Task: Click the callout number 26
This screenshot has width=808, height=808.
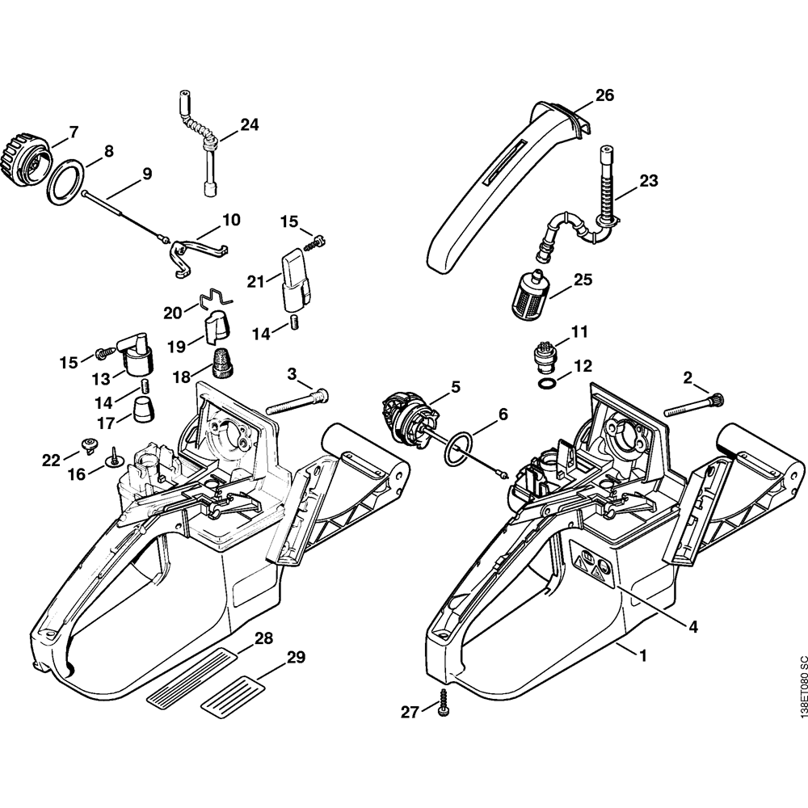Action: pyautogui.click(x=604, y=96)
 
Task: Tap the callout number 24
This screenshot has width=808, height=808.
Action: pyautogui.click(x=250, y=124)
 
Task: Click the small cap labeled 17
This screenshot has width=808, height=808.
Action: pyautogui.click(x=142, y=408)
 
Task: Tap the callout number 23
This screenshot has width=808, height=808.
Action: pyautogui.click(x=650, y=183)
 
